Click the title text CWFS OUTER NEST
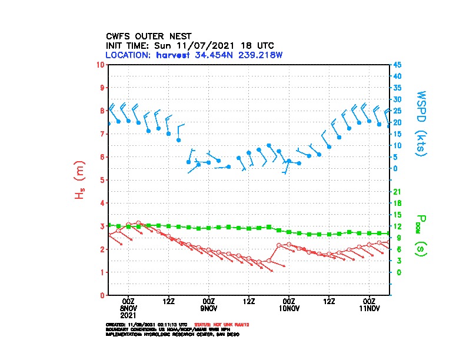(x=148, y=36)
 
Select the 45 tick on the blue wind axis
(x=397, y=64)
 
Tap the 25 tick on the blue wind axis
(x=397, y=111)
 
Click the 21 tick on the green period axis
(x=397, y=192)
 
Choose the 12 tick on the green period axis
(x=397, y=226)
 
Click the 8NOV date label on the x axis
(x=129, y=308)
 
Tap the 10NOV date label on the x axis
(x=289, y=308)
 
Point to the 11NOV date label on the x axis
(x=369, y=308)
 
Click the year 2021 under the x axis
(x=129, y=315)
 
